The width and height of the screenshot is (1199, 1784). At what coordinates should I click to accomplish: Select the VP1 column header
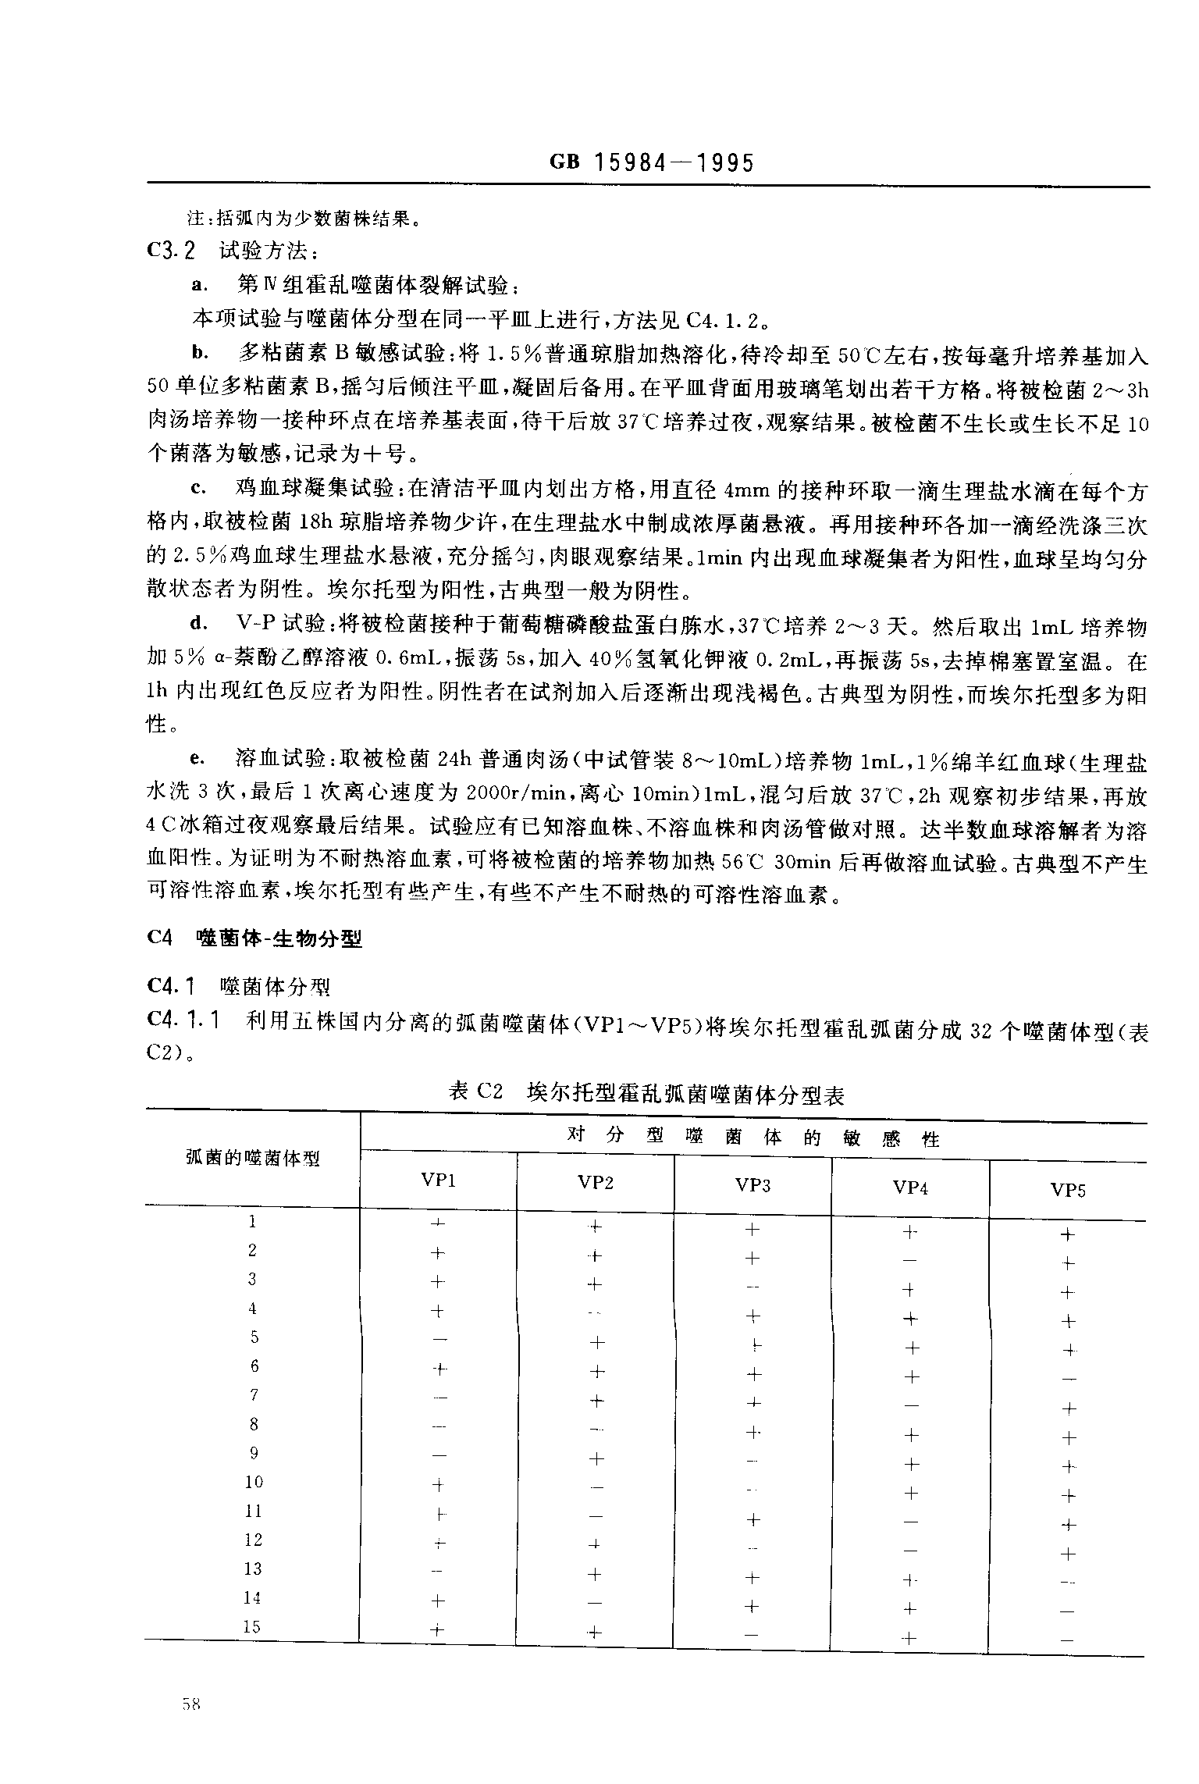click(438, 1180)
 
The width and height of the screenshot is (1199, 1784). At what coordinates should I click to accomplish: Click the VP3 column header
click(752, 1185)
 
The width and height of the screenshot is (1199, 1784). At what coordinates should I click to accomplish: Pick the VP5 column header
click(1068, 1190)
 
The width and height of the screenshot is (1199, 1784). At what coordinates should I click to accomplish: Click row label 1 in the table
click(252, 1221)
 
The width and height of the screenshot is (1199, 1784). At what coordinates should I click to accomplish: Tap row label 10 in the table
click(254, 1481)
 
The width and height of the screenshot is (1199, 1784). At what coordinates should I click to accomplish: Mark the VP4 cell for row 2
click(909, 1260)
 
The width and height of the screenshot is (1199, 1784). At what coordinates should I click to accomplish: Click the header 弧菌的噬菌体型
click(253, 1157)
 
